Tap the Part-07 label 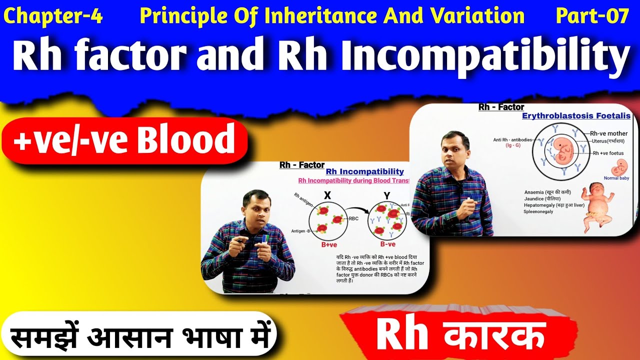pos(592,16)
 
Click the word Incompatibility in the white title pos(485,56)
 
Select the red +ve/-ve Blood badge pos(124,140)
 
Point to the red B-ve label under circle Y pos(388,245)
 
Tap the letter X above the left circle pos(327,196)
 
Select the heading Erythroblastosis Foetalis pos(576,116)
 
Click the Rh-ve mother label pos(609,133)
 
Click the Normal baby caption pos(616,178)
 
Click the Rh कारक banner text pos(460,336)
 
